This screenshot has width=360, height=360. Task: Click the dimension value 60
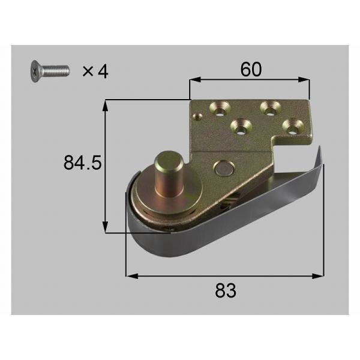point(251,70)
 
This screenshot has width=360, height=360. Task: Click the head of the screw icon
point(34,71)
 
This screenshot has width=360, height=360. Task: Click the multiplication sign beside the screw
point(88,71)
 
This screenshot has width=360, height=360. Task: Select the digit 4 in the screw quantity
point(103,71)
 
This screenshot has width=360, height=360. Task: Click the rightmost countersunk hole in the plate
point(293,126)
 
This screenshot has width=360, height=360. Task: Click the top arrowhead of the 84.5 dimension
point(106,105)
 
